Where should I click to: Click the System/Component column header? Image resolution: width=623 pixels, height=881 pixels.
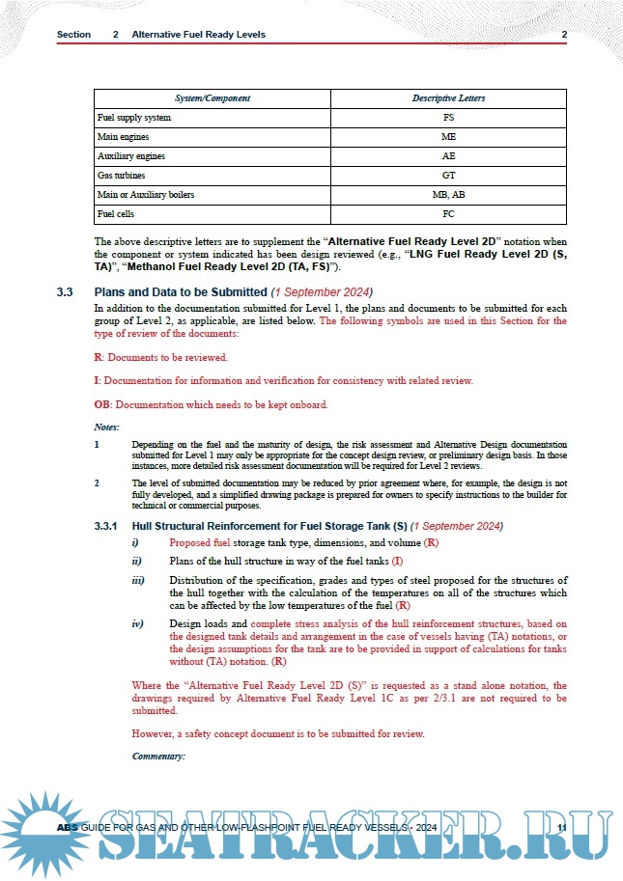tap(212, 98)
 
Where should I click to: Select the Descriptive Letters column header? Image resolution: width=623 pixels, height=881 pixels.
tap(448, 98)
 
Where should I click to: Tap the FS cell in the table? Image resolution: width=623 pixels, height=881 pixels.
tap(448, 118)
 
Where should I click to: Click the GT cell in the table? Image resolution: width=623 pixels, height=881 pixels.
tap(448, 176)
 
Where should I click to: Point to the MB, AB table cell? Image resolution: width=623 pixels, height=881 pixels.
tap(448, 195)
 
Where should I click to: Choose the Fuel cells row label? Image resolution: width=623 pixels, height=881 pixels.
tap(114, 214)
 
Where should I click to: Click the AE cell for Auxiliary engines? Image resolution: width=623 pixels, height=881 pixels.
tap(448, 156)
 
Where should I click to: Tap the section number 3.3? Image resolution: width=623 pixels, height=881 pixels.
tap(65, 291)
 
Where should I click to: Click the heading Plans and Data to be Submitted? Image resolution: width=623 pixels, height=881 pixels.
tap(180, 291)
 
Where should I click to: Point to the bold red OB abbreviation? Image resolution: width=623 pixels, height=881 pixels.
tap(101, 404)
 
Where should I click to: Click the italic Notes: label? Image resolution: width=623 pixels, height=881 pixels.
tap(106, 427)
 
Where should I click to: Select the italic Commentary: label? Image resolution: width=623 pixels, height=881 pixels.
tap(157, 756)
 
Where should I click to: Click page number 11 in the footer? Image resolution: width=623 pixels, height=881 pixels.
tap(563, 829)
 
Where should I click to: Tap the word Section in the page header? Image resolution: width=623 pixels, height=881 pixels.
tap(73, 35)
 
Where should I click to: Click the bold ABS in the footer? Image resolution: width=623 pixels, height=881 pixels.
tap(67, 829)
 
